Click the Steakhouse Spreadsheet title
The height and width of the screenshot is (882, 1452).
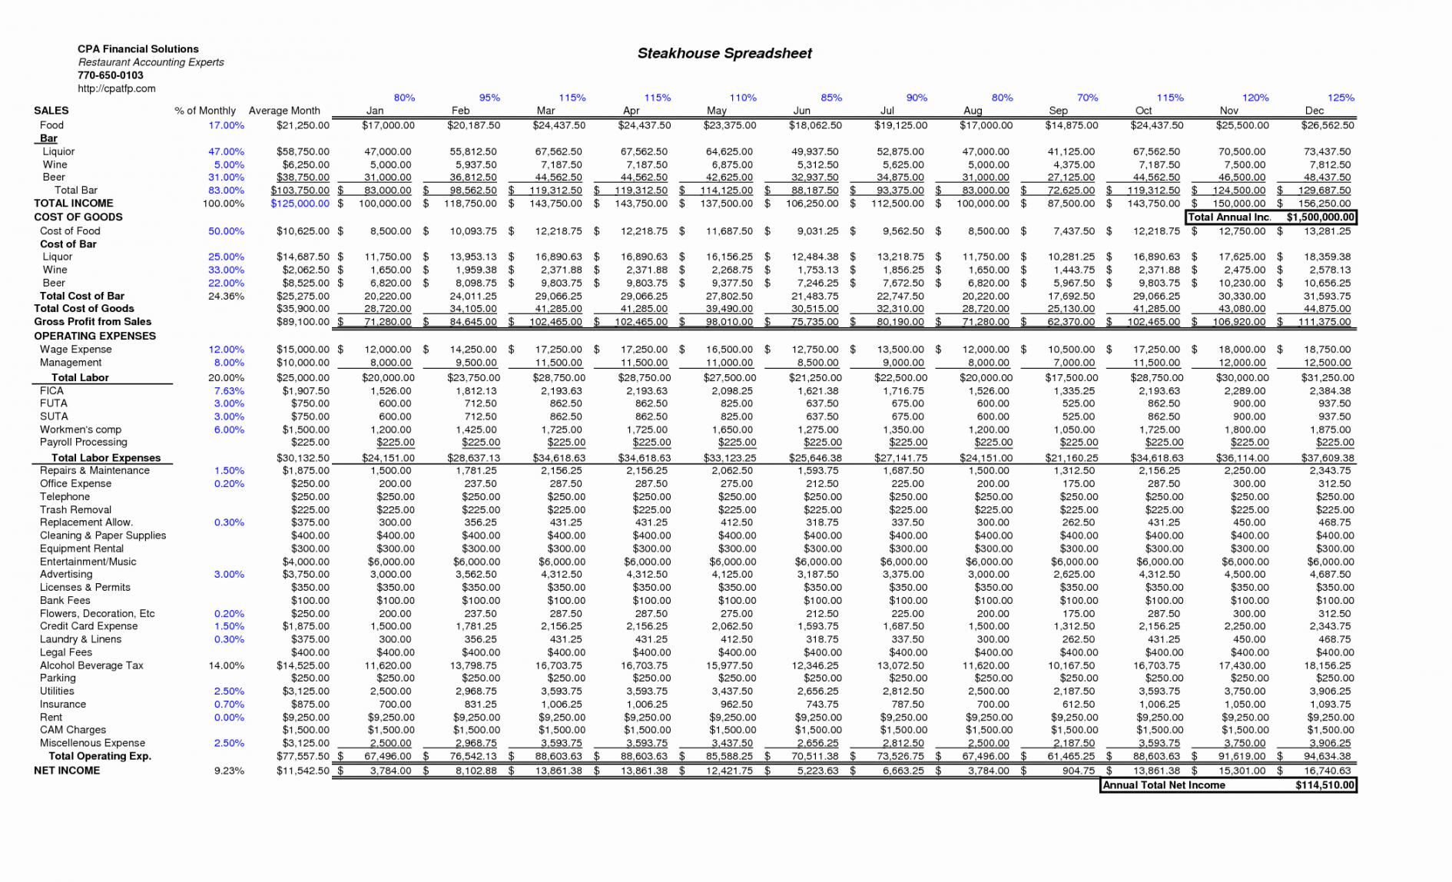[x=724, y=53]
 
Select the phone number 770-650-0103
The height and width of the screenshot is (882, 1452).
[x=110, y=75]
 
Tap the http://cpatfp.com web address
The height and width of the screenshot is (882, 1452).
[x=116, y=88]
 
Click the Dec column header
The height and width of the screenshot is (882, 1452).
[x=1314, y=111]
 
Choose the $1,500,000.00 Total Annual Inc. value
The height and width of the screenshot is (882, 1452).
[x=1320, y=217]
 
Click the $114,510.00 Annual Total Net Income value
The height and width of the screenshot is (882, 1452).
[x=1324, y=785]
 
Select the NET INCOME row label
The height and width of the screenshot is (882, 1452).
[x=67, y=771]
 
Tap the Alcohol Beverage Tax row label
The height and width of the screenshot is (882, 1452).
[x=91, y=665]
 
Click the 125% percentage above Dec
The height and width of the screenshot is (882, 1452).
[x=1341, y=98]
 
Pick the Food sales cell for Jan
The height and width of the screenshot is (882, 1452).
[x=388, y=125]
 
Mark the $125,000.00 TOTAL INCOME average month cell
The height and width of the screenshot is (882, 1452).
[x=300, y=204]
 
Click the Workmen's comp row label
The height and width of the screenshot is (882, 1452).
[x=81, y=429]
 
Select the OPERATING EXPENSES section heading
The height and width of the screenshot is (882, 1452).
[x=94, y=336]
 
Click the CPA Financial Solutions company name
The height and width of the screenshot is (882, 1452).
[x=138, y=49]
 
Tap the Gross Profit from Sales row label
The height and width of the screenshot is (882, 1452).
[x=92, y=322]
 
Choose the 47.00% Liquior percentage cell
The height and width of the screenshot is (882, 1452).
[x=226, y=151]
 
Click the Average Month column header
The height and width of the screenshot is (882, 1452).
[x=284, y=111]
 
